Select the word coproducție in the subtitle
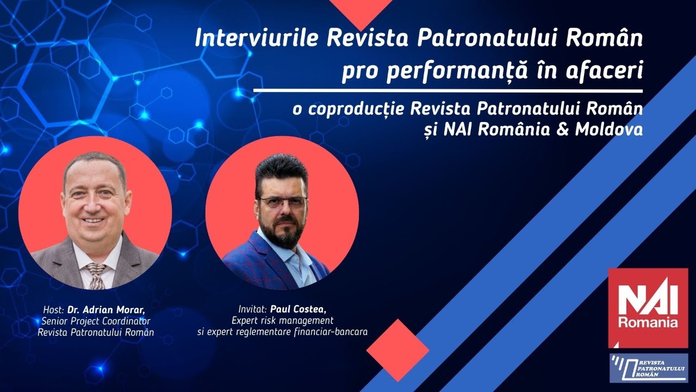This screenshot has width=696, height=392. pos(357,109)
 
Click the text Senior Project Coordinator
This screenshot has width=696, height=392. pos(96,321)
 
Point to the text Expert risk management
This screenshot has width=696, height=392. pos(282,320)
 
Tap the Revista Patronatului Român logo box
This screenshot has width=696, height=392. pos(648,368)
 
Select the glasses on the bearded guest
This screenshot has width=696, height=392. pos(282,202)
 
